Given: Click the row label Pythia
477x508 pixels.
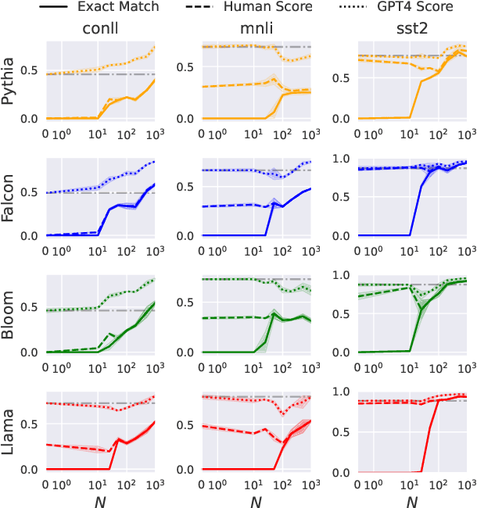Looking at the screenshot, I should [12, 82].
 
